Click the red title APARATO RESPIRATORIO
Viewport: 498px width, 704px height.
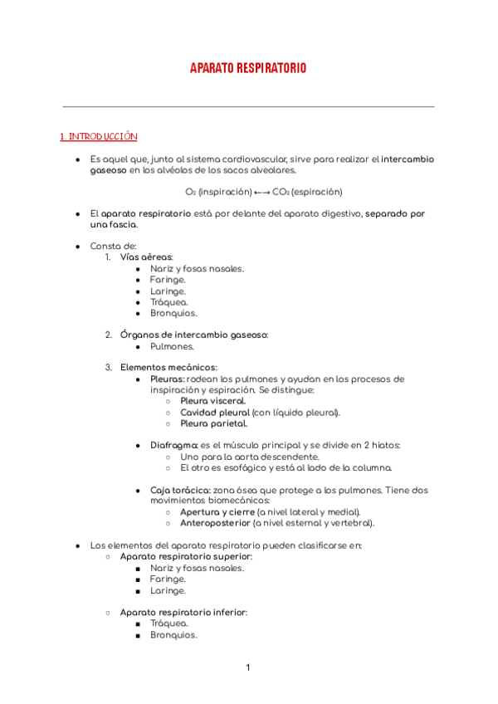tap(248, 68)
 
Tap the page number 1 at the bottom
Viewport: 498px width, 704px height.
tap(247, 667)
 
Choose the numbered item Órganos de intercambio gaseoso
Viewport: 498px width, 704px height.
tap(194, 335)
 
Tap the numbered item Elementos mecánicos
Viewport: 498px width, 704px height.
tap(168, 367)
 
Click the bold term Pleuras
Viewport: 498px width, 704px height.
tap(167, 379)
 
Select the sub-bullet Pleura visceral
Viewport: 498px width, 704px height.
tap(212, 401)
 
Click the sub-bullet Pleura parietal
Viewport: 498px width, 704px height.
tap(213, 423)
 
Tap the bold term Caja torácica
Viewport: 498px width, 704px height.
tap(179, 490)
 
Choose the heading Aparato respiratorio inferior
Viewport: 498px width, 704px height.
tap(183, 612)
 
